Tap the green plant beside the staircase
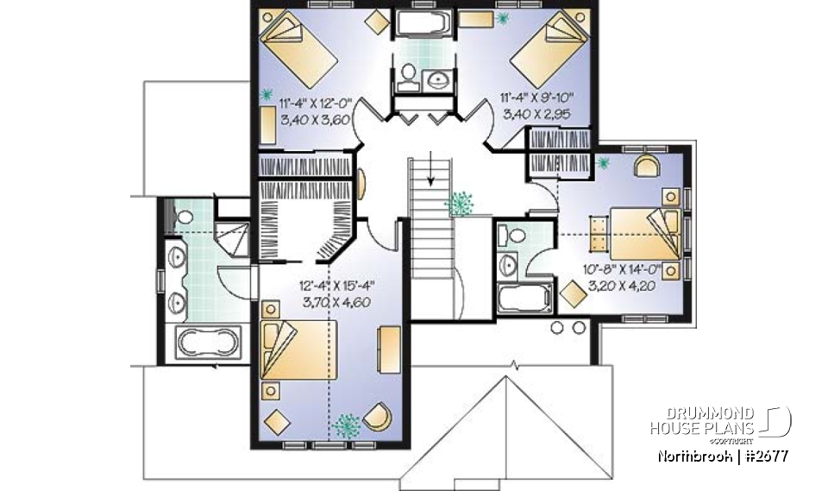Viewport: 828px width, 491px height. click(x=461, y=203)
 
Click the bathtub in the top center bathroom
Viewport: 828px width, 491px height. click(x=420, y=23)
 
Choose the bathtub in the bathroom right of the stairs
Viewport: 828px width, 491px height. click(x=524, y=300)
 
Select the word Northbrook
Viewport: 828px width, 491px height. click(x=693, y=455)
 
